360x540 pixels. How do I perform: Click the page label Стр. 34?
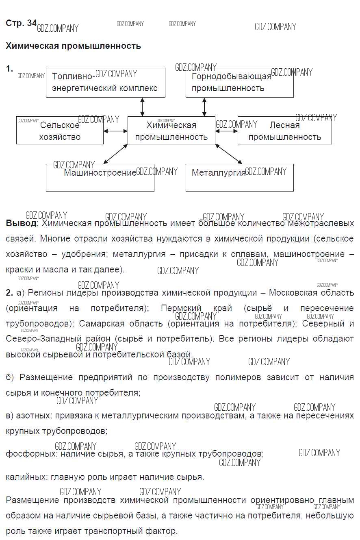coord(21,23)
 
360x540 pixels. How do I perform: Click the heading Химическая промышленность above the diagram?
coord(73,46)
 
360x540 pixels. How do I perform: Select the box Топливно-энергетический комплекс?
coord(105,83)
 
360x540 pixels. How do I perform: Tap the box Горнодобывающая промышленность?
coord(239,83)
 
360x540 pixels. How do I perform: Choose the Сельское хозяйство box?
coord(60,131)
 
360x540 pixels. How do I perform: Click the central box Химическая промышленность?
coord(171,131)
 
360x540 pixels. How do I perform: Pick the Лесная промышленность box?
coord(284,131)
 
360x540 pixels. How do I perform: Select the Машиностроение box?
coord(100,178)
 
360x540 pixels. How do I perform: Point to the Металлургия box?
coord(239,178)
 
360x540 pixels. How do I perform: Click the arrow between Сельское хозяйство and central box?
coord(115,131)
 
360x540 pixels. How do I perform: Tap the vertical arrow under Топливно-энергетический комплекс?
coord(142,107)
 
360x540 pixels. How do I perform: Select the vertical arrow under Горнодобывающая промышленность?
coord(204,107)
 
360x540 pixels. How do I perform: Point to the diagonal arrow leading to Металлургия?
coord(229,154)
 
